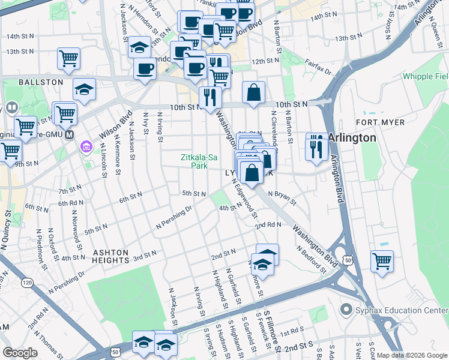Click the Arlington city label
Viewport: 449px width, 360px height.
click(x=352, y=137)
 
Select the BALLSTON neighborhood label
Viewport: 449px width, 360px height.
click(x=41, y=82)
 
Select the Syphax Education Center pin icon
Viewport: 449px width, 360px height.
click(x=345, y=310)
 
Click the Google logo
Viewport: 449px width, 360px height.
click(x=20, y=352)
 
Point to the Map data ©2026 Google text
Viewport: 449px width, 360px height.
click(x=411, y=355)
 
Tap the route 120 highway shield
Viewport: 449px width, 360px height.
click(x=26, y=281)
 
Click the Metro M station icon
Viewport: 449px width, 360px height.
click(x=70, y=134)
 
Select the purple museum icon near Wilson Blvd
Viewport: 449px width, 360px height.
click(x=86, y=146)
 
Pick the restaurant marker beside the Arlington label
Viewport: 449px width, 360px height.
click(x=316, y=146)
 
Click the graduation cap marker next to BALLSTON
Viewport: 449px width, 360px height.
click(x=85, y=89)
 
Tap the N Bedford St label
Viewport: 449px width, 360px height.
click(x=311, y=259)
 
